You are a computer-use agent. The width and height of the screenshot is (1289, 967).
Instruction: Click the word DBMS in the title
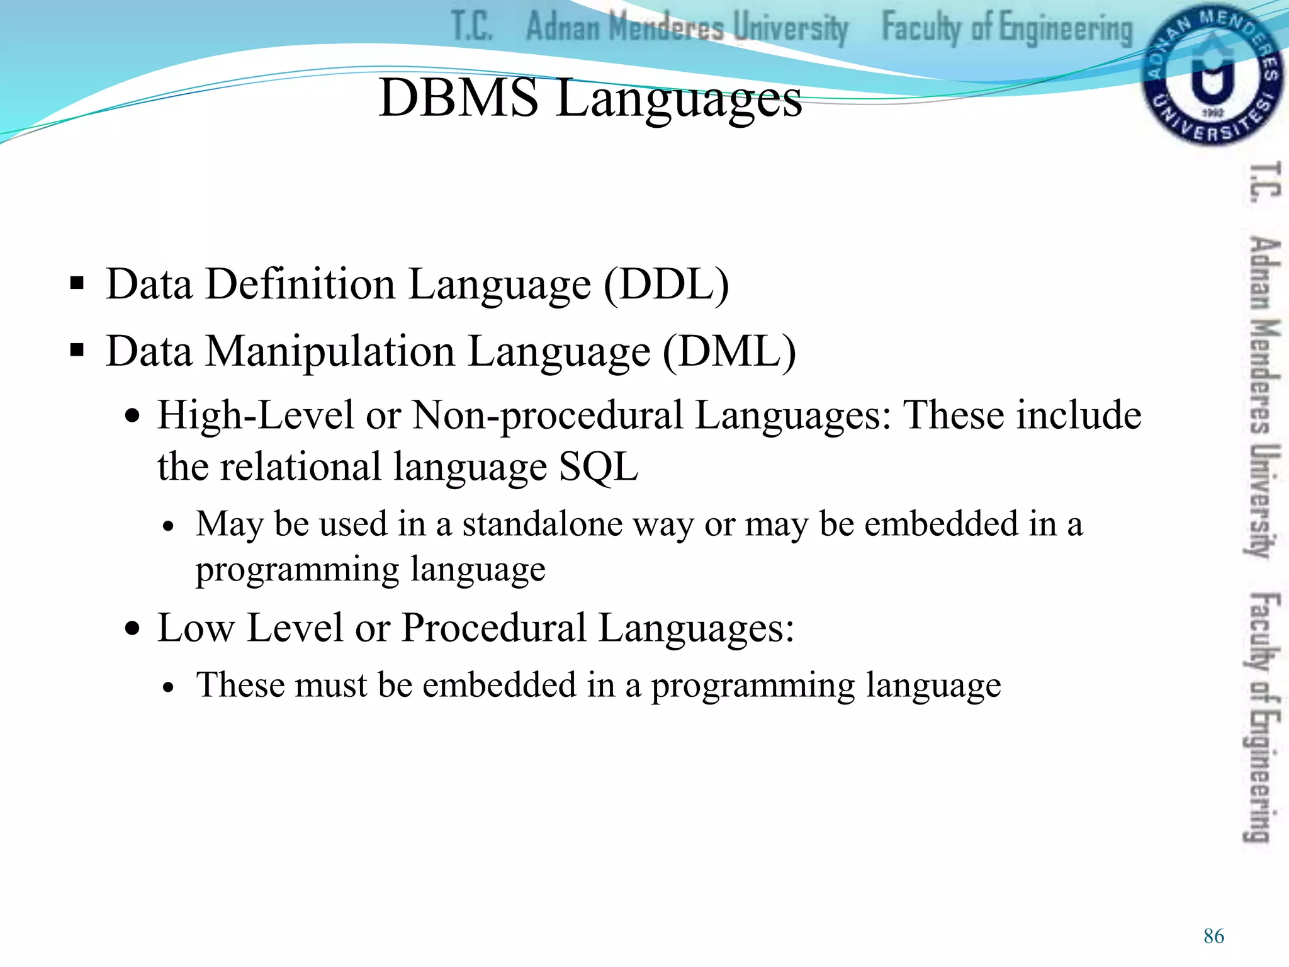458,98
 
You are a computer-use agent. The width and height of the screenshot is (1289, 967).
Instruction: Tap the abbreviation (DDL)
667,285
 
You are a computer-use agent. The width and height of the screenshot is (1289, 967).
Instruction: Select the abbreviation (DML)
729,351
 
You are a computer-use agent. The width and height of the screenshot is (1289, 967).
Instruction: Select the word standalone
542,524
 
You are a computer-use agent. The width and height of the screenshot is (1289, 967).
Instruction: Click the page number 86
1213,936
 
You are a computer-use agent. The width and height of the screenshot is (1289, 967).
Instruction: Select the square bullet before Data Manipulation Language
77,350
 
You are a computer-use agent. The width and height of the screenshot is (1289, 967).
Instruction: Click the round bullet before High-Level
132,416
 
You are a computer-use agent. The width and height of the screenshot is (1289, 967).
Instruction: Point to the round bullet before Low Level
132,628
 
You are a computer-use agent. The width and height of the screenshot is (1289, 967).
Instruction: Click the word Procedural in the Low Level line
493,628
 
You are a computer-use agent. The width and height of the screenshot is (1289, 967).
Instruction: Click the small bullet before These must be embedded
167,688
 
